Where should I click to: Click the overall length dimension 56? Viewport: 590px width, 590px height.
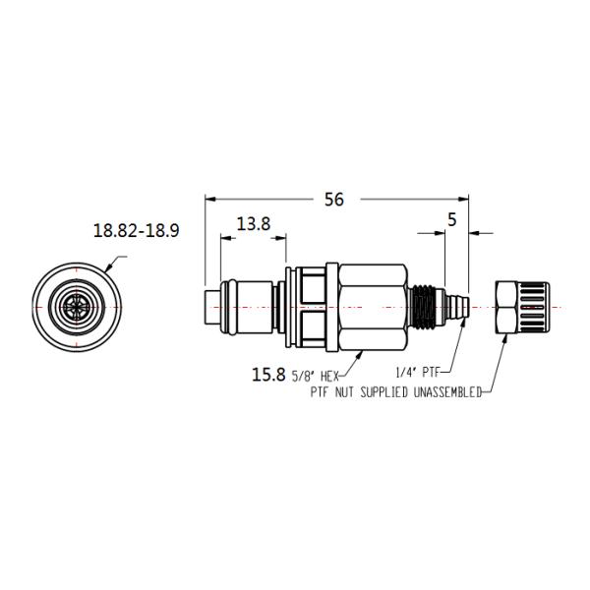point(334,199)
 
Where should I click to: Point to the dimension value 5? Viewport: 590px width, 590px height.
point(451,221)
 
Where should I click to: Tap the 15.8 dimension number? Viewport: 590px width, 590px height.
point(268,374)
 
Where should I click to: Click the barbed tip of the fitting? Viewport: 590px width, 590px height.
point(456,308)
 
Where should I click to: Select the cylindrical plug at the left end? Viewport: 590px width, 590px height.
point(218,308)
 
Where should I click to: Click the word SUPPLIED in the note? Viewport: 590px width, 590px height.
point(380,392)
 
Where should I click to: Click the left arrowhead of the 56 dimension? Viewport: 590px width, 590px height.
point(209,199)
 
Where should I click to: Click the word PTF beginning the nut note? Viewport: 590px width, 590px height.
point(320,392)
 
